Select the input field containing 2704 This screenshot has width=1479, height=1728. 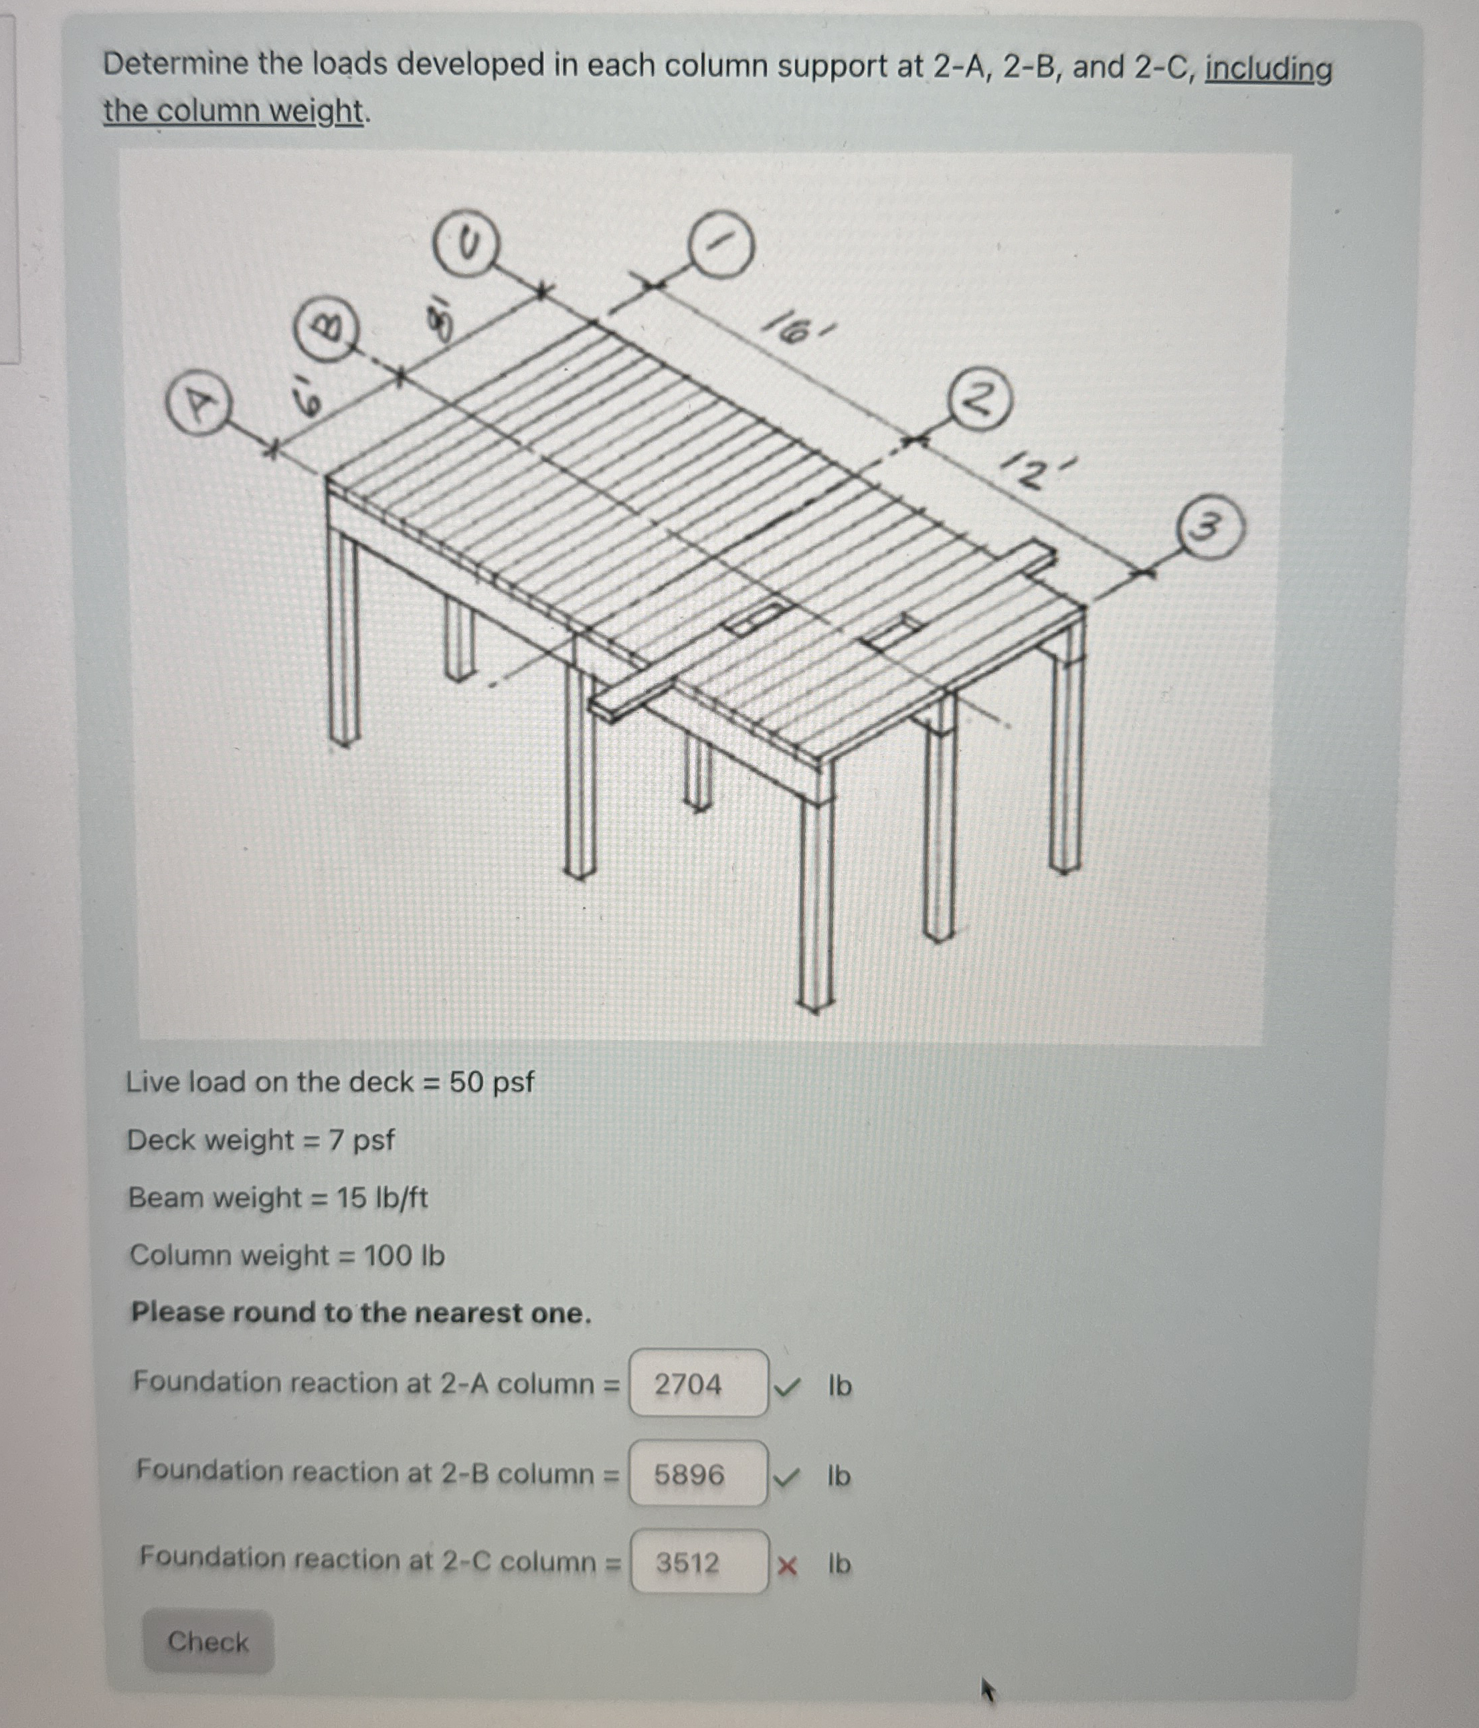pos(698,1383)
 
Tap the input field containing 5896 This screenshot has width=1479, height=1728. pos(698,1474)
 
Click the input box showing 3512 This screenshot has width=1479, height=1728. pos(699,1562)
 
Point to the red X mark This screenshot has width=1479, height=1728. pos(786,1567)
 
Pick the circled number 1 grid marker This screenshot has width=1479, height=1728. pos(721,246)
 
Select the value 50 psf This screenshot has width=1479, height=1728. pos(491,1082)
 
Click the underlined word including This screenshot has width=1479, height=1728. pos(1268,69)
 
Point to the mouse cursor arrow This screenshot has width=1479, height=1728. pos(988,1691)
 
